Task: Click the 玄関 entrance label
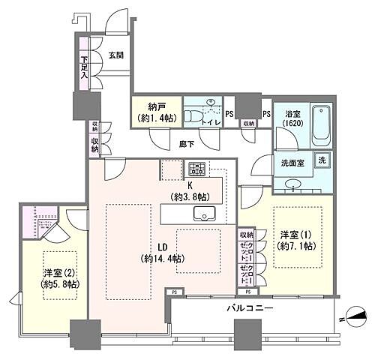(x=116, y=55)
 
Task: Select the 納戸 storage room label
(x=156, y=112)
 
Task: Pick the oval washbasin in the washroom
(x=293, y=184)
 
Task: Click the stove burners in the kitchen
(x=196, y=169)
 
